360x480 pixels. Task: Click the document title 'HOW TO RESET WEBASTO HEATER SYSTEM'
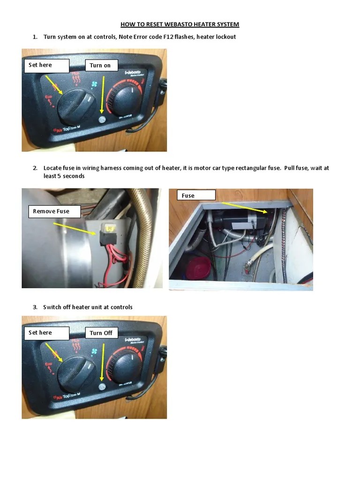click(180, 24)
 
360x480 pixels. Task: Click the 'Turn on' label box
click(101, 66)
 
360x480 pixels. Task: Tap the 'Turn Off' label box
click(101, 333)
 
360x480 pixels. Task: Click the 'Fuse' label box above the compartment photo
click(195, 195)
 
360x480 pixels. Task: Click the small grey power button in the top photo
click(102, 120)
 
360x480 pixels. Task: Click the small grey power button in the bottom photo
click(102, 387)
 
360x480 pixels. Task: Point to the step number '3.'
click(35, 307)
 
